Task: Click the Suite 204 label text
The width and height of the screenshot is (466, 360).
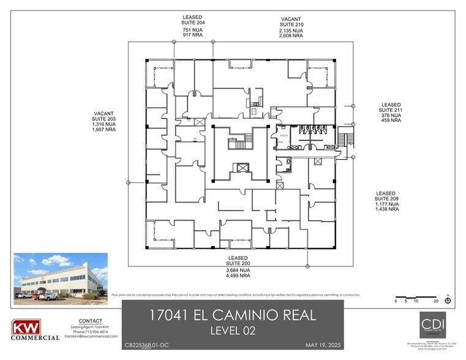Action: [193, 23]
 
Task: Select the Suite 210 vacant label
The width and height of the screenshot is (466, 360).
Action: [291, 24]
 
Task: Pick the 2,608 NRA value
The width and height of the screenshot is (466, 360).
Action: [291, 36]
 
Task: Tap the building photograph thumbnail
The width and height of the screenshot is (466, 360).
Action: [61, 277]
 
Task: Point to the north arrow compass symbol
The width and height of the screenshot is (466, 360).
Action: [448, 300]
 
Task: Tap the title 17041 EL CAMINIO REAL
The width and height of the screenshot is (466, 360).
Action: [233, 316]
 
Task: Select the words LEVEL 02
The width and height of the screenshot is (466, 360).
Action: [233, 332]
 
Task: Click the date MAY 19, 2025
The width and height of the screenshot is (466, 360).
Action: [322, 345]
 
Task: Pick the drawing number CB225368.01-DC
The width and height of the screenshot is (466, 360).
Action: [149, 345]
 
